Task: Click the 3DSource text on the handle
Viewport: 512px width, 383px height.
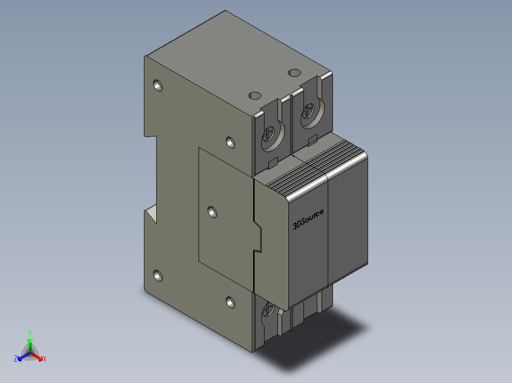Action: coord(308,219)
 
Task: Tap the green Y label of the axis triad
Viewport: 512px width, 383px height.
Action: coord(30,333)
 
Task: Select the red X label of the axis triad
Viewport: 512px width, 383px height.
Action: coord(45,359)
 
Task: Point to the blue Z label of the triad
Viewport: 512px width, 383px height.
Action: coord(15,359)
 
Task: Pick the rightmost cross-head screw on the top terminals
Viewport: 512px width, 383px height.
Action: coord(308,111)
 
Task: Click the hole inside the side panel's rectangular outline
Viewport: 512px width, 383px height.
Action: coord(212,212)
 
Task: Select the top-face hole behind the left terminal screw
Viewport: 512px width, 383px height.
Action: coord(255,95)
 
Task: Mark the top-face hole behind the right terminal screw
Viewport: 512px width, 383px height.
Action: coord(294,73)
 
